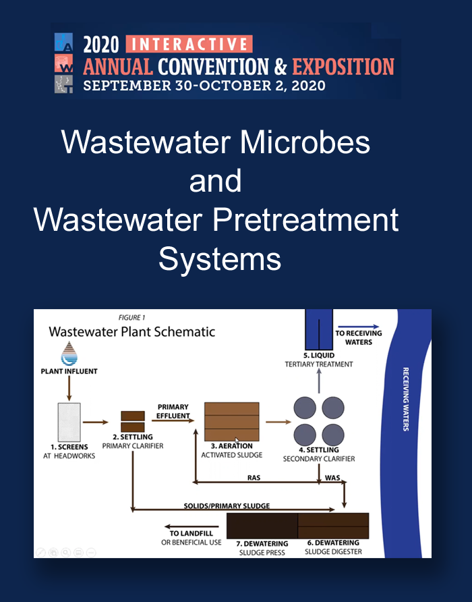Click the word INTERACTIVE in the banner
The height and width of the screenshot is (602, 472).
point(189,44)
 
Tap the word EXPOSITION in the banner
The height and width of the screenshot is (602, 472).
point(343,66)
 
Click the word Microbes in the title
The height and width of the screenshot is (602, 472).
point(305,142)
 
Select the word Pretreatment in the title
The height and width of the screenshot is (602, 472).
point(305,220)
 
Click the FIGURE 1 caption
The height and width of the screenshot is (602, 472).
point(131,317)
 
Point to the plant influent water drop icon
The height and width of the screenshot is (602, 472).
point(69,353)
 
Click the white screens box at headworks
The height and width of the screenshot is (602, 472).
point(69,422)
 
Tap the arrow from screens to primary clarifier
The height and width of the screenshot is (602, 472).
point(96,422)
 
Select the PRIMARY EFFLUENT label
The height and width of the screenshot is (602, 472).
point(173,411)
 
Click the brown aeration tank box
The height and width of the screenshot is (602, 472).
point(232,422)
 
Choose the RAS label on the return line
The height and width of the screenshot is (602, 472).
point(254,478)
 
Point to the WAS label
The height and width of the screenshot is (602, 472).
point(332,478)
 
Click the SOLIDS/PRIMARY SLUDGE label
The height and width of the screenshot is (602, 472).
point(227,505)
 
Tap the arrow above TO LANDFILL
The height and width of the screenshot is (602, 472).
point(191,526)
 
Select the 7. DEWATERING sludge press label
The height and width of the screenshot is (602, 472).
point(262,548)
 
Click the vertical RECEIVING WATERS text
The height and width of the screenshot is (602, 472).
point(406,399)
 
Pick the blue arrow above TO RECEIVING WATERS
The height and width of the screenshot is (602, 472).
point(359,327)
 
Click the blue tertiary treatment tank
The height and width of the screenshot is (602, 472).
point(319,329)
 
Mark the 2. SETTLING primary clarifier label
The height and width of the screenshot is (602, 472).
point(133,441)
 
